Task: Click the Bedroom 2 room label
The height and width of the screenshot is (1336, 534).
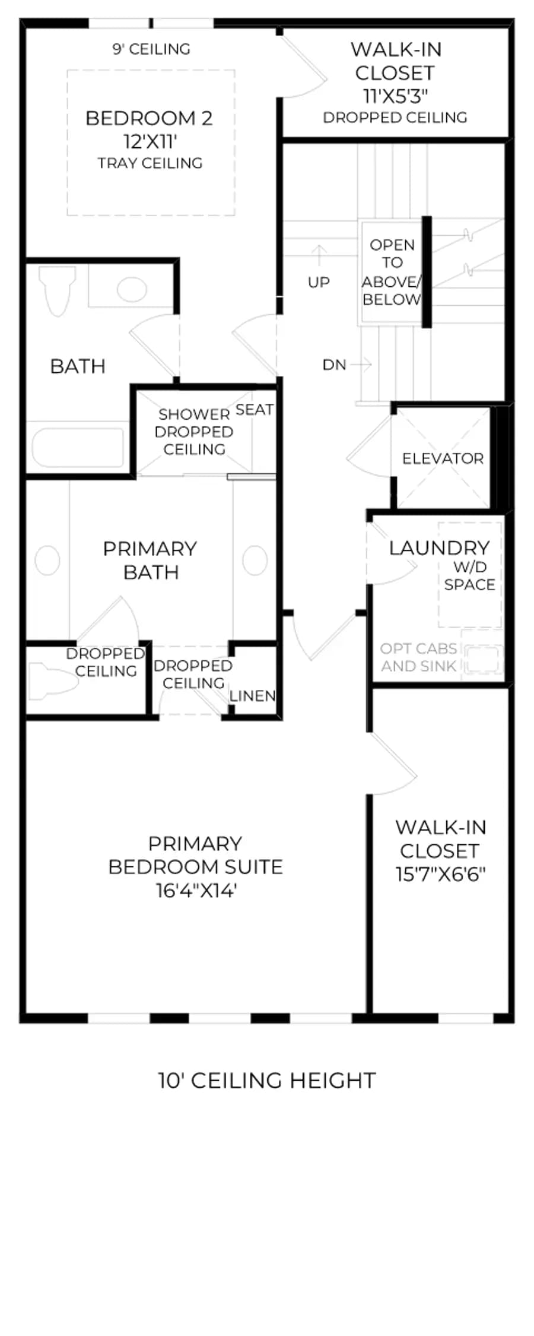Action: point(149,118)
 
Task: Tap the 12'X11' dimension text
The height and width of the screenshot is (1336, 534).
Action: point(151,141)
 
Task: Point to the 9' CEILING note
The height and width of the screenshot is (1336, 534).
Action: point(151,49)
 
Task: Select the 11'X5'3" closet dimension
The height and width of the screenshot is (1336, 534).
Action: point(395,95)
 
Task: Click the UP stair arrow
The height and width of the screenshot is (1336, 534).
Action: point(319,255)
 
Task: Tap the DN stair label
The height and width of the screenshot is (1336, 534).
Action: point(334,365)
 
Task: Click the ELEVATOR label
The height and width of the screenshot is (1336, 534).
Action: point(443,458)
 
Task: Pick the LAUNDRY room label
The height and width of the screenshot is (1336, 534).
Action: point(439,547)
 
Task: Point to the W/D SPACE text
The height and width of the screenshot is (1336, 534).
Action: point(469,576)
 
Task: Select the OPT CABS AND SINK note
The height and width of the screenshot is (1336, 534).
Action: point(419,657)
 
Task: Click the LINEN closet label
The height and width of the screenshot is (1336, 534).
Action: point(252,696)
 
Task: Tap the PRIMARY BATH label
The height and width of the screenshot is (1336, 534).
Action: point(150,560)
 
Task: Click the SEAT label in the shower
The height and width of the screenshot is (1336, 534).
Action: point(255,409)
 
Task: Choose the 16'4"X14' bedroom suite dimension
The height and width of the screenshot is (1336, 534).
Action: point(196,891)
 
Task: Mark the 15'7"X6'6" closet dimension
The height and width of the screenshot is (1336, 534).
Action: point(441,874)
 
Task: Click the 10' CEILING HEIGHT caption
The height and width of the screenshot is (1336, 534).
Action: point(267,1080)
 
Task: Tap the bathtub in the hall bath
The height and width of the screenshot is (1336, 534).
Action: point(77,446)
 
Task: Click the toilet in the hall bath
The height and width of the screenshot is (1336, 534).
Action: point(57,290)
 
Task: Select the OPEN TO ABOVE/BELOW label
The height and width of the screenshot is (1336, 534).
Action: point(392,272)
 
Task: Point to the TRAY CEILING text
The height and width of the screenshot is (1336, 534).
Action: point(150,163)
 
